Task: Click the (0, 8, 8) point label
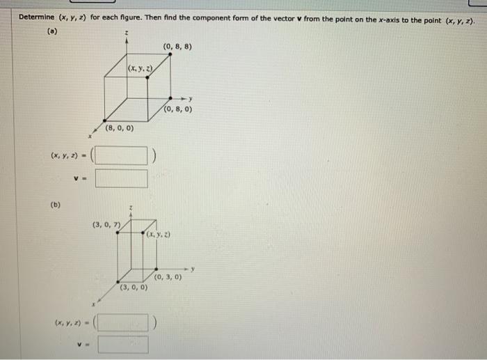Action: (x=177, y=47)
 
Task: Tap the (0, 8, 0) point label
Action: (x=179, y=109)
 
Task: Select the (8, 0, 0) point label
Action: (x=120, y=128)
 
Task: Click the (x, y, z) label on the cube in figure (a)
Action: (x=140, y=68)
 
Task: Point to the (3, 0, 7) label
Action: (x=107, y=224)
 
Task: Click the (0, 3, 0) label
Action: (x=168, y=276)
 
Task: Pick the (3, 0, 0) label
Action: (x=134, y=287)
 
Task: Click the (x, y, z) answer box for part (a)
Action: (x=121, y=155)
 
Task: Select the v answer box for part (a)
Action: (x=121, y=178)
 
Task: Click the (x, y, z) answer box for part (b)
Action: (x=122, y=322)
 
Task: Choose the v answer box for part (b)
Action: (x=122, y=344)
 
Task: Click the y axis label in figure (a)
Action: (x=190, y=99)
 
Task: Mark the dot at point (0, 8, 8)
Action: (x=170, y=54)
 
